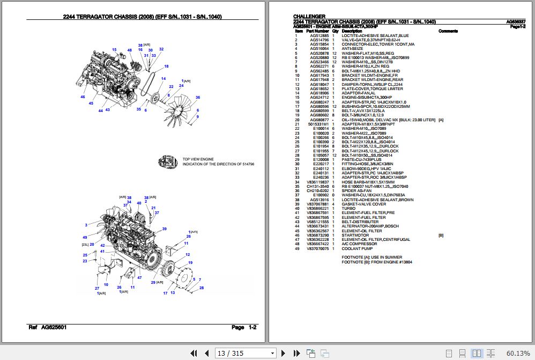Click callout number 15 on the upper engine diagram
click(x=114, y=49)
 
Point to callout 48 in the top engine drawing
click(x=129, y=50)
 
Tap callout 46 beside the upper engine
click(x=83, y=97)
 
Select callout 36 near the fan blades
click(x=197, y=97)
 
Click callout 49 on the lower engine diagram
click(x=85, y=237)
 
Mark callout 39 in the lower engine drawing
click(x=164, y=229)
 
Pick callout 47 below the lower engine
click(x=139, y=277)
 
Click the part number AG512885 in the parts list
click(x=319, y=35)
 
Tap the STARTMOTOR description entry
click(x=355, y=235)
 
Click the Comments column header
click(x=448, y=31)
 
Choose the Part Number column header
click(x=317, y=31)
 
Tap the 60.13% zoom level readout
click(x=517, y=352)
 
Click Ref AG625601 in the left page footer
click(x=47, y=327)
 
